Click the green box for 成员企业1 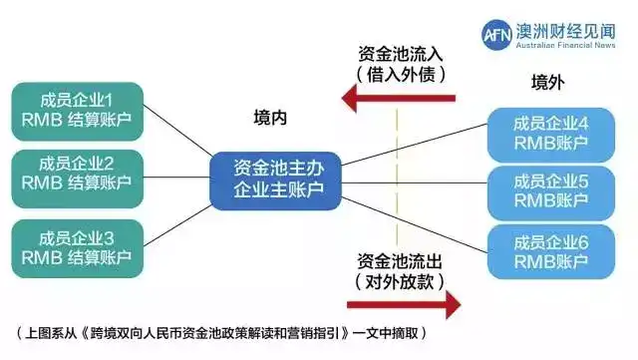point(77,112)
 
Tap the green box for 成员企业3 point(77,246)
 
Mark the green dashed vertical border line point(397,180)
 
